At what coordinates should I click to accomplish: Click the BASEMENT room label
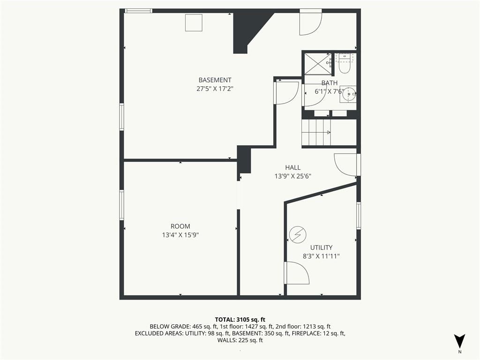coord(215,80)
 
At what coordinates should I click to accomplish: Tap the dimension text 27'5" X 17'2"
coord(215,89)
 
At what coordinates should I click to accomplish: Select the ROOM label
coord(180,226)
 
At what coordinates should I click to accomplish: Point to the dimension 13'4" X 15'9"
coord(180,235)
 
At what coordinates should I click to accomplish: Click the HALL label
coord(293,167)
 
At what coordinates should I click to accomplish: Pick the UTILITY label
coord(322,247)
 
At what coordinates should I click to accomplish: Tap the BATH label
coord(330,83)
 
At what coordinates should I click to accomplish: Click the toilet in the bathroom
coord(345,64)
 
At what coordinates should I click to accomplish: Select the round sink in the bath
coord(348,94)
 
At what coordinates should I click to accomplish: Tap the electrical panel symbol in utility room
coord(298,235)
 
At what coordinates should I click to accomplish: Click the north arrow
coord(459,341)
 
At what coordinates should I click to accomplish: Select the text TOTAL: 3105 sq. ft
coord(240,320)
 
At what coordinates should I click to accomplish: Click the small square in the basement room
coord(194,22)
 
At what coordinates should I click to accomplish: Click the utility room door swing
coord(297,273)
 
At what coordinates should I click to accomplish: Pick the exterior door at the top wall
coord(311,22)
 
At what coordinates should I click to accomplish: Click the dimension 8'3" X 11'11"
coord(322,256)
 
